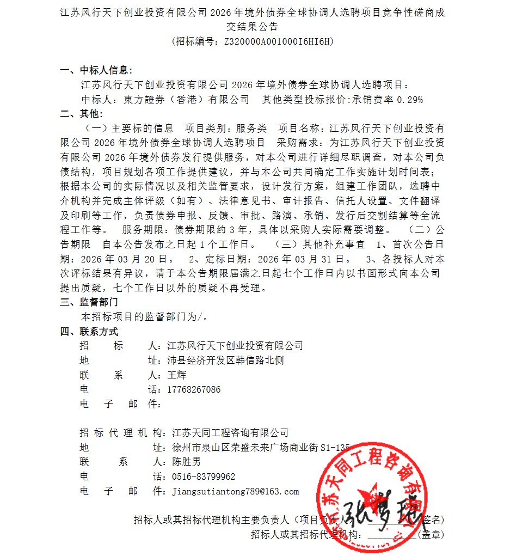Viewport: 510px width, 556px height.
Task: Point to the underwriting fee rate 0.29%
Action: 410,100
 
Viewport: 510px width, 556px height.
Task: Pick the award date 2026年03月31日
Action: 300,258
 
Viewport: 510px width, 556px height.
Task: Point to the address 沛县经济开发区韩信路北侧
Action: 226,361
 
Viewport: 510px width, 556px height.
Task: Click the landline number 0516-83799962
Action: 204,477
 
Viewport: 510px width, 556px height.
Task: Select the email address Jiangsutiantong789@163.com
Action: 235,492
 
